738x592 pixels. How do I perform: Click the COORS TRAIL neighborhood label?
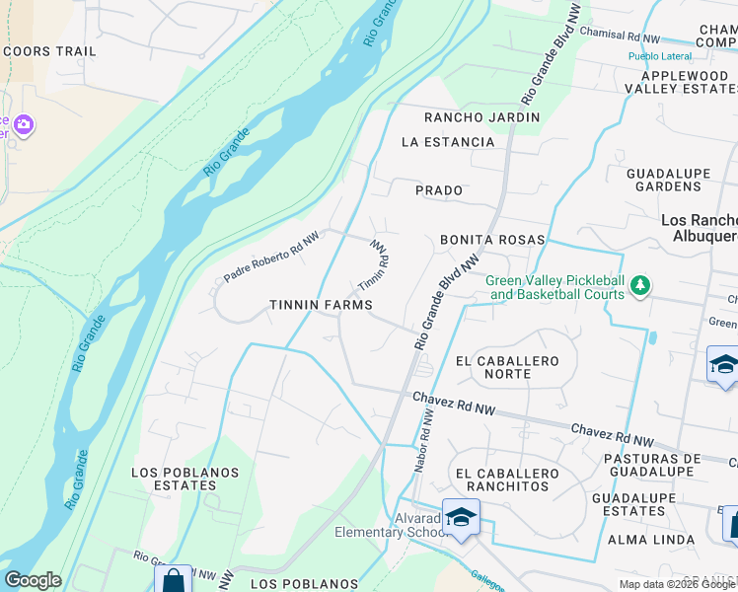coord(49,51)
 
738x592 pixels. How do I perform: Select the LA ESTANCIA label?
coord(448,142)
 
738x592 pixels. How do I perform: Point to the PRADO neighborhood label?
coord(439,189)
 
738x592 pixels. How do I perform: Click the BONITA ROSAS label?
coord(492,240)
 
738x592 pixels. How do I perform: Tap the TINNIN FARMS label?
coord(321,306)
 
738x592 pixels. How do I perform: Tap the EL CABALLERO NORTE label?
coord(507,368)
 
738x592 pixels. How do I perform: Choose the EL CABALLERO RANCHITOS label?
coord(503,480)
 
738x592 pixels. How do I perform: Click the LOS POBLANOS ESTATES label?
coord(174,479)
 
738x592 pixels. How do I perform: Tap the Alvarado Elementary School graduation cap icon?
coord(461,517)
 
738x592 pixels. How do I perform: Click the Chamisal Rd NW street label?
coord(620,36)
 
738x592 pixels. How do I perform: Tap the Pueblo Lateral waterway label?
coord(660,56)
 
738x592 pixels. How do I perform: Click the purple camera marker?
coord(24,125)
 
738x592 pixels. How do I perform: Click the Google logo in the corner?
coord(33,580)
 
